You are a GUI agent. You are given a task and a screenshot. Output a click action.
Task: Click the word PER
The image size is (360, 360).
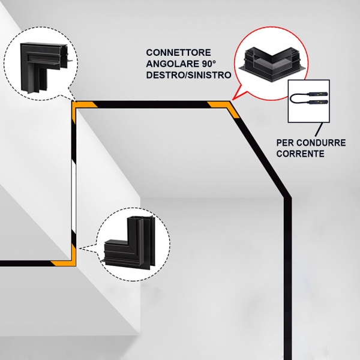[287, 143]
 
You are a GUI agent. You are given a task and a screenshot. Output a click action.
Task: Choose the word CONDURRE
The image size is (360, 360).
[320, 143]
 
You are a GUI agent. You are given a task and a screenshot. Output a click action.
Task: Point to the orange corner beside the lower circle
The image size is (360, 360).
[67, 258]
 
